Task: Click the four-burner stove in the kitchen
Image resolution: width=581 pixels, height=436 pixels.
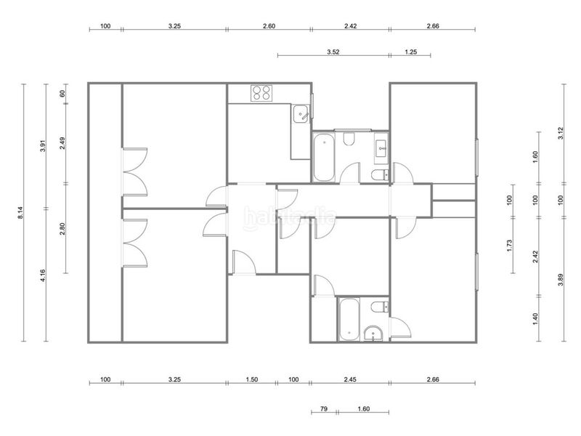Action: (x=261, y=93)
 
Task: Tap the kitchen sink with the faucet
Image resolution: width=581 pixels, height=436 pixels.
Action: (x=300, y=114)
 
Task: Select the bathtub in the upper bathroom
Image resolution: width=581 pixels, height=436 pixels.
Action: (x=322, y=156)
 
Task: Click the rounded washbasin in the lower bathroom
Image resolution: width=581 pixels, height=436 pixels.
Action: (x=374, y=334)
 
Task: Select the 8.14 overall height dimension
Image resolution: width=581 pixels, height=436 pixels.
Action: (x=22, y=213)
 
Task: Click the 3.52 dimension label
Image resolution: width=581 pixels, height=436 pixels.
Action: (x=333, y=52)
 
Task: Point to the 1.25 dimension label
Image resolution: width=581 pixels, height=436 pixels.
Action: (x=410, y=52)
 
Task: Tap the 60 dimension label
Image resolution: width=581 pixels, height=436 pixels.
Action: (x=63, y=92)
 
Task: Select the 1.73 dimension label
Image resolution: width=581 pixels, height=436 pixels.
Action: (x=510, y=246)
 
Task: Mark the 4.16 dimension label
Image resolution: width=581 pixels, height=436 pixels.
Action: (x=44, y=275)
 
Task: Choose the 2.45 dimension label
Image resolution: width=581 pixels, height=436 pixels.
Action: (x=350, y=379)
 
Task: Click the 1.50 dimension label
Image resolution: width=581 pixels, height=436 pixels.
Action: (x=252, y=379)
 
